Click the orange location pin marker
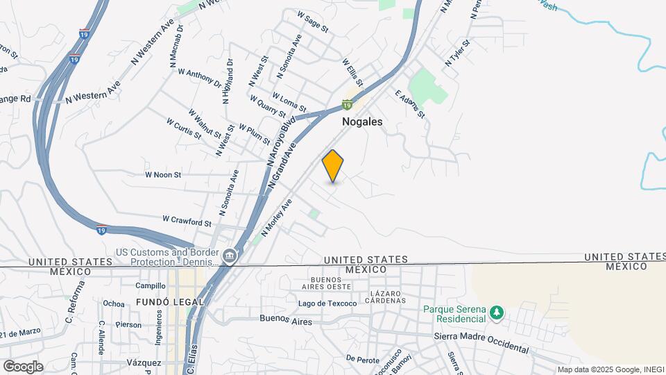pyautogui.click(x=333, y=166)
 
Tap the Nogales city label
pyautogui.click(x=362, y=121)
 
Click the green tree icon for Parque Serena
pyautogui.click(x=496, y=313)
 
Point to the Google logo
pyautogui.click(x=23, y=367)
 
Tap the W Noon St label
pyautogui.click(x=162, y=175)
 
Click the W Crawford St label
pyautogui.click(x=187, y=222)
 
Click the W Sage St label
pyautogui.click(x=312, y=22)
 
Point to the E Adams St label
pyautogui.click(x=409, y=103)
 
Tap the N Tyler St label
pyautogui.click(x=458, y=53)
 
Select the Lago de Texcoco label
pyautogui.click(x=327, y=303)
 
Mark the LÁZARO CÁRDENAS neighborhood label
pyautogui.click(x=387, y=297)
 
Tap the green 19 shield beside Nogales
pyautogui.click(x=347, y=105)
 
